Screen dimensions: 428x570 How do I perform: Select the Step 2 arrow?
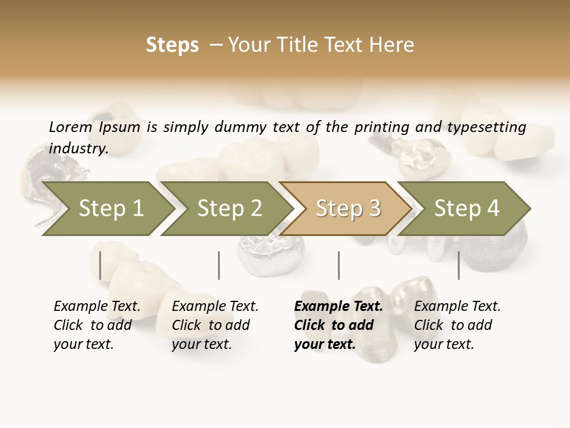[229, 209]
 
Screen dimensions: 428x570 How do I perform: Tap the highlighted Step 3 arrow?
[348, 209]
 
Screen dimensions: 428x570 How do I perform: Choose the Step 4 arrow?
[467, 209]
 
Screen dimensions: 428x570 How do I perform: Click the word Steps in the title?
[172, 45]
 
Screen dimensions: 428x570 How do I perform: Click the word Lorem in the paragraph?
[70, 127]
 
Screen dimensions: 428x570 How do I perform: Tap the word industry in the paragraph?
[78, 149]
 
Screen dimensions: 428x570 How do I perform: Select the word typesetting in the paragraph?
[492, 127]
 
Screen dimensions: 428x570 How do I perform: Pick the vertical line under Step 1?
[100, 265]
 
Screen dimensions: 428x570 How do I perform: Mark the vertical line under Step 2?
[219, 265]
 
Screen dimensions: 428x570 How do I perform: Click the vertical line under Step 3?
[338, 265]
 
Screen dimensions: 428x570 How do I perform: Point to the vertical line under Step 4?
[458, 265]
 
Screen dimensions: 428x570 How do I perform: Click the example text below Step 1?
[96, 325]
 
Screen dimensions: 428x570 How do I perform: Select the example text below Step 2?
[214, 325]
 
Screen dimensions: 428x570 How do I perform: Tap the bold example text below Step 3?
[338, 325]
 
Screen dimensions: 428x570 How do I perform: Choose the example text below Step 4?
[457, 325]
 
